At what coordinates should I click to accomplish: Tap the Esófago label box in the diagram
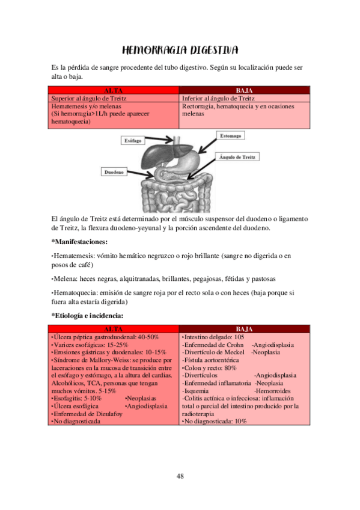[133, 140]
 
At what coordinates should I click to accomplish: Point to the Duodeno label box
[114, 172]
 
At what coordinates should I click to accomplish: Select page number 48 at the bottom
[180, 476]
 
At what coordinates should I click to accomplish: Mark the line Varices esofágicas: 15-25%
[91, 345]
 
